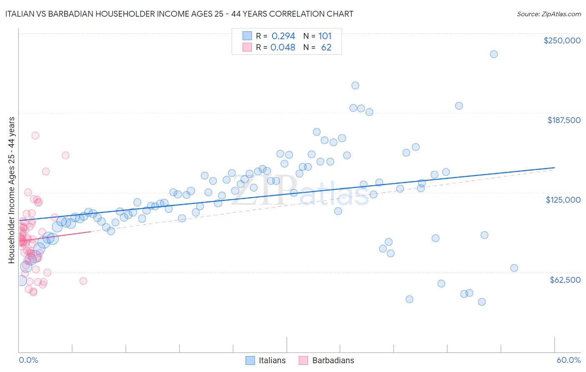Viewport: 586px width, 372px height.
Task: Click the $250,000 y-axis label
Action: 562,40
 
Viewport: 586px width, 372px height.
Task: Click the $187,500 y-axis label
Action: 563,120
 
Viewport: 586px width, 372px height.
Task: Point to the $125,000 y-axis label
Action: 563,200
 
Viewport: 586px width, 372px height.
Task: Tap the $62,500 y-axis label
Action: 565,280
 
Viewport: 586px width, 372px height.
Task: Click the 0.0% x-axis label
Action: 28,360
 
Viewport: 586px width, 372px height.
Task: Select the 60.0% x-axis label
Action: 568,360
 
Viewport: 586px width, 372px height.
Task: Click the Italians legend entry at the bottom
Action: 265,360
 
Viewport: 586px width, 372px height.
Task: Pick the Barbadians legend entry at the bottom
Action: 326,360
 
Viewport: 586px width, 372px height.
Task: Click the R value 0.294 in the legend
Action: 283,36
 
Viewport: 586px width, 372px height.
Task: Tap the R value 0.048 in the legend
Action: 283,48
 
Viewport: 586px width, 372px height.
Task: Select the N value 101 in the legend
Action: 325,36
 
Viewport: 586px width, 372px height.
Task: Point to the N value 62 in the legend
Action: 326,48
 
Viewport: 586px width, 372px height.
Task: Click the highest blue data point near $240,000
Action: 493,54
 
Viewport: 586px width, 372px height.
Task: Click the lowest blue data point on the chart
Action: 482,302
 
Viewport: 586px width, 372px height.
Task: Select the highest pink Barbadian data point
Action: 35,136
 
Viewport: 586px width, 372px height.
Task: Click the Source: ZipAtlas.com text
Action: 548,14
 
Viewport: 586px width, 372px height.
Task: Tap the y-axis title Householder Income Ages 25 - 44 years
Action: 11,190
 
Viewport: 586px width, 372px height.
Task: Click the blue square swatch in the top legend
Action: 247,36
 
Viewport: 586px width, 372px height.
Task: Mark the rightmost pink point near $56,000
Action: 83,281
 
